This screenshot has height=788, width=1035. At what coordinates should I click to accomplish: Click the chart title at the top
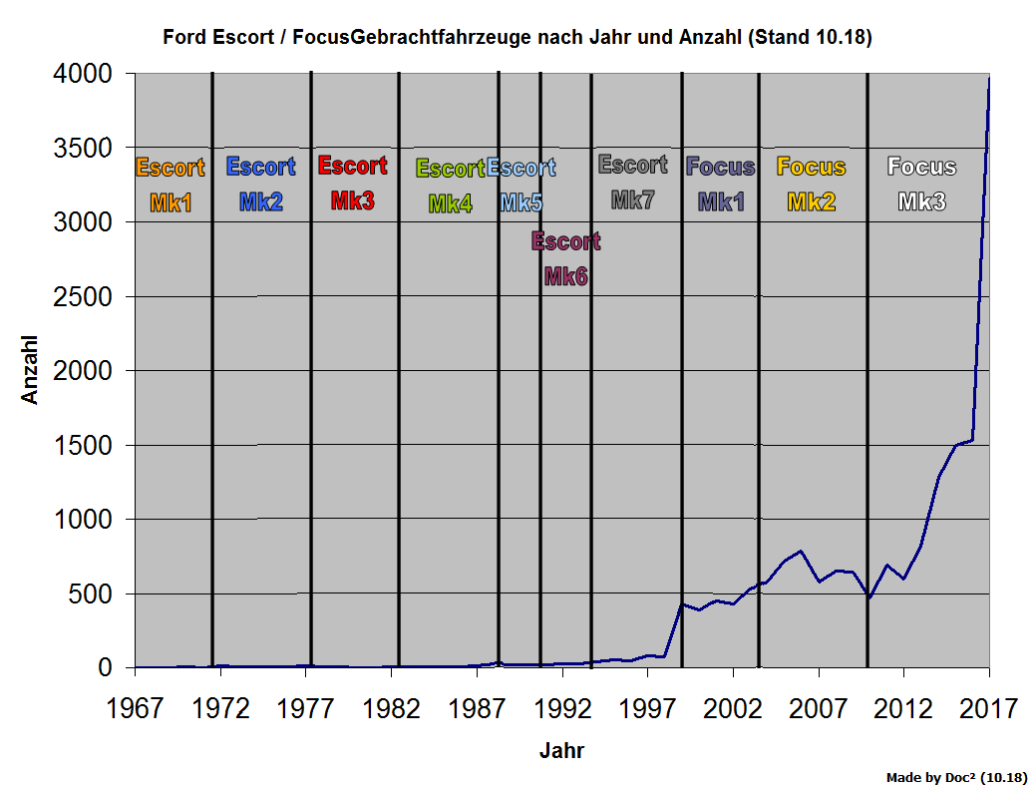point(517,38)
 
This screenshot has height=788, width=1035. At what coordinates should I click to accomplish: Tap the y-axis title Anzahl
point(30,370)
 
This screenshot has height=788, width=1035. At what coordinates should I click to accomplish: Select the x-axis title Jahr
point(561,751)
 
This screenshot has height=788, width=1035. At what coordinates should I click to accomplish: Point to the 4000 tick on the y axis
point(83,75)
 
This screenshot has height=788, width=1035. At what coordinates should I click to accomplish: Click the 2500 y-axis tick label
point(83,297)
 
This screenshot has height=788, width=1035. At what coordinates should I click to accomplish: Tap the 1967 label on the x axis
point(136,709)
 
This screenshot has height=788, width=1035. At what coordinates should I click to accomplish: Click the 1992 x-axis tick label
point(562,709)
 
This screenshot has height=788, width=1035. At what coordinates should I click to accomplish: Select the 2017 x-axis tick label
point(988,709)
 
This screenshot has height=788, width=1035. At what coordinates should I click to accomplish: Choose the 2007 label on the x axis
point(819,709)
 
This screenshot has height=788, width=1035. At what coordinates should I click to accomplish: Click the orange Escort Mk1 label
point(171,186)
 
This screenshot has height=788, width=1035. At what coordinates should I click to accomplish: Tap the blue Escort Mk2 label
point(261,185)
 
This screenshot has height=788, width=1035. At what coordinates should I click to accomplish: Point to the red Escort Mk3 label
point(353,184)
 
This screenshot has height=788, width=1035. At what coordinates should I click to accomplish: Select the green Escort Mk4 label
point(451,187)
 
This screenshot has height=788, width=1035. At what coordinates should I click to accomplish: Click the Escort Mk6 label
point(565,259)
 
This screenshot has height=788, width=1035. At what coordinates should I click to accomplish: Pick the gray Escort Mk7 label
point(632,183)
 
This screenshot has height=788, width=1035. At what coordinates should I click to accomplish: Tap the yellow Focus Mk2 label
point(811,185)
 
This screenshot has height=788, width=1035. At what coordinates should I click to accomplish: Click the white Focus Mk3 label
point(921,185)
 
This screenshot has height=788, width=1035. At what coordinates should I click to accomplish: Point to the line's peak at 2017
point(988,78)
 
